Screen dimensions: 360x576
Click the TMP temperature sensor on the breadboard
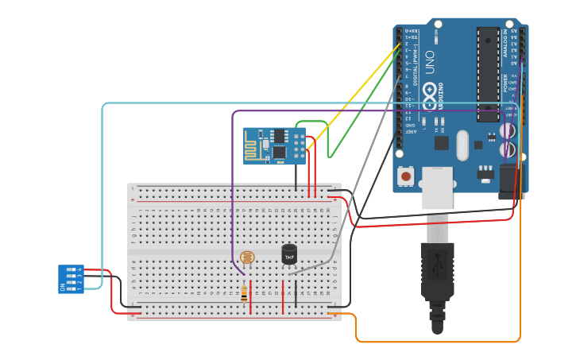[289, 254]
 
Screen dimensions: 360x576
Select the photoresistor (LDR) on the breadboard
[247, 257]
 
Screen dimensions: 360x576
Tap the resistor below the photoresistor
[244, 295]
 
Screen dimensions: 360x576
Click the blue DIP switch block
[71, 278]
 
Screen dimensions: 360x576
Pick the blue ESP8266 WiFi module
[274, 145]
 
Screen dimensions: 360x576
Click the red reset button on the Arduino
[407, 176]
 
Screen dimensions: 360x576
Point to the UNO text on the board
[430, 65]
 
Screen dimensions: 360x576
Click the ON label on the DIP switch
[63, 288]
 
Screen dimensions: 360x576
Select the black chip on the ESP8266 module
[280, 151]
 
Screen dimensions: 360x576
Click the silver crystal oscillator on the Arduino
[462, 145]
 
